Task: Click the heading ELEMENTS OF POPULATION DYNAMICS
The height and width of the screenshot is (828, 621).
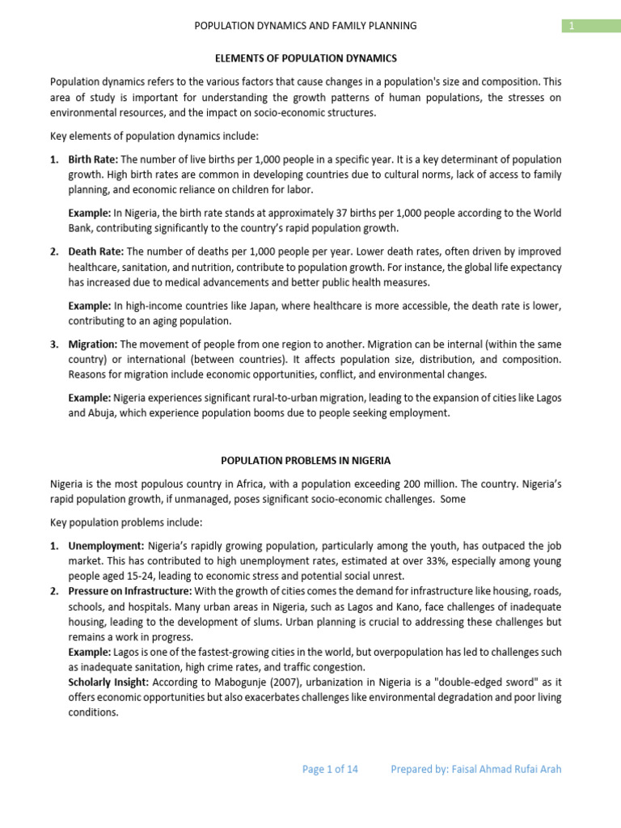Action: pos(306,58)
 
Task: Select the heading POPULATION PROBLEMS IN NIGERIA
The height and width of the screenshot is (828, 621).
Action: pos(306,460)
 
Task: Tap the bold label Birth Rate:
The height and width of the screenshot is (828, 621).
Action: pos(93,159)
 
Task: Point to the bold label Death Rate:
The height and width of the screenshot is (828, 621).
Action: pos(96,251)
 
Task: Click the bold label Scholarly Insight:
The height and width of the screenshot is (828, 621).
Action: pos(106,682)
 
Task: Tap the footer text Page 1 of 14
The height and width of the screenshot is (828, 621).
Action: pos(330,769)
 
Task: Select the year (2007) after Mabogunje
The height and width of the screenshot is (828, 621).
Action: pos(252,682)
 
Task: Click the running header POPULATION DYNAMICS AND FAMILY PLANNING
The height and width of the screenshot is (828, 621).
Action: pos(306,26)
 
